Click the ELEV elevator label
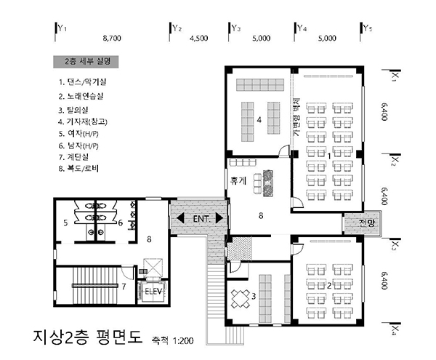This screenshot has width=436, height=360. (x=153, y=292)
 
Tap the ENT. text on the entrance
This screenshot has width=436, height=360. (x=201, y=219)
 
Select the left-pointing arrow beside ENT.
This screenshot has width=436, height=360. (x=180, y=218)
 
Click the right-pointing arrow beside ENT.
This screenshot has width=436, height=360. (x=219, y=218)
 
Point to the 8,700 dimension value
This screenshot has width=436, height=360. (x=112, y=38)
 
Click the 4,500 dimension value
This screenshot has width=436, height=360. (x=199, y=38)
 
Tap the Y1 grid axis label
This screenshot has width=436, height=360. (x=62, y=28)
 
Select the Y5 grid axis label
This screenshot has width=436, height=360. (x=368, y=28)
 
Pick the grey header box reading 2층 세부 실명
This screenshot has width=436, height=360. (x=86, y=62)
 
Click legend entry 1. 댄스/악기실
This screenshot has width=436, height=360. (x=82, y=81)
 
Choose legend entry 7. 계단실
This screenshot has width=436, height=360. (x=73, y=157)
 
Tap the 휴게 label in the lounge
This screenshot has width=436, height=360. (x=238, y=181)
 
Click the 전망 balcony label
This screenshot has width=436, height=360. (x=367, y=223)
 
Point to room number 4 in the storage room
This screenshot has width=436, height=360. (x=259, y=120)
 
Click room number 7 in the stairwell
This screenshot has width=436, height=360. (x=124, y=286)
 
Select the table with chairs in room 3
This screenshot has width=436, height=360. (x=241, y=298)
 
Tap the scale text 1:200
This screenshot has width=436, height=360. (x=183, y=341)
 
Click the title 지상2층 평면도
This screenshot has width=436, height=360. (x=88, y=337)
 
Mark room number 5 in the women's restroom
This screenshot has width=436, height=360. (x=65, y=223)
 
